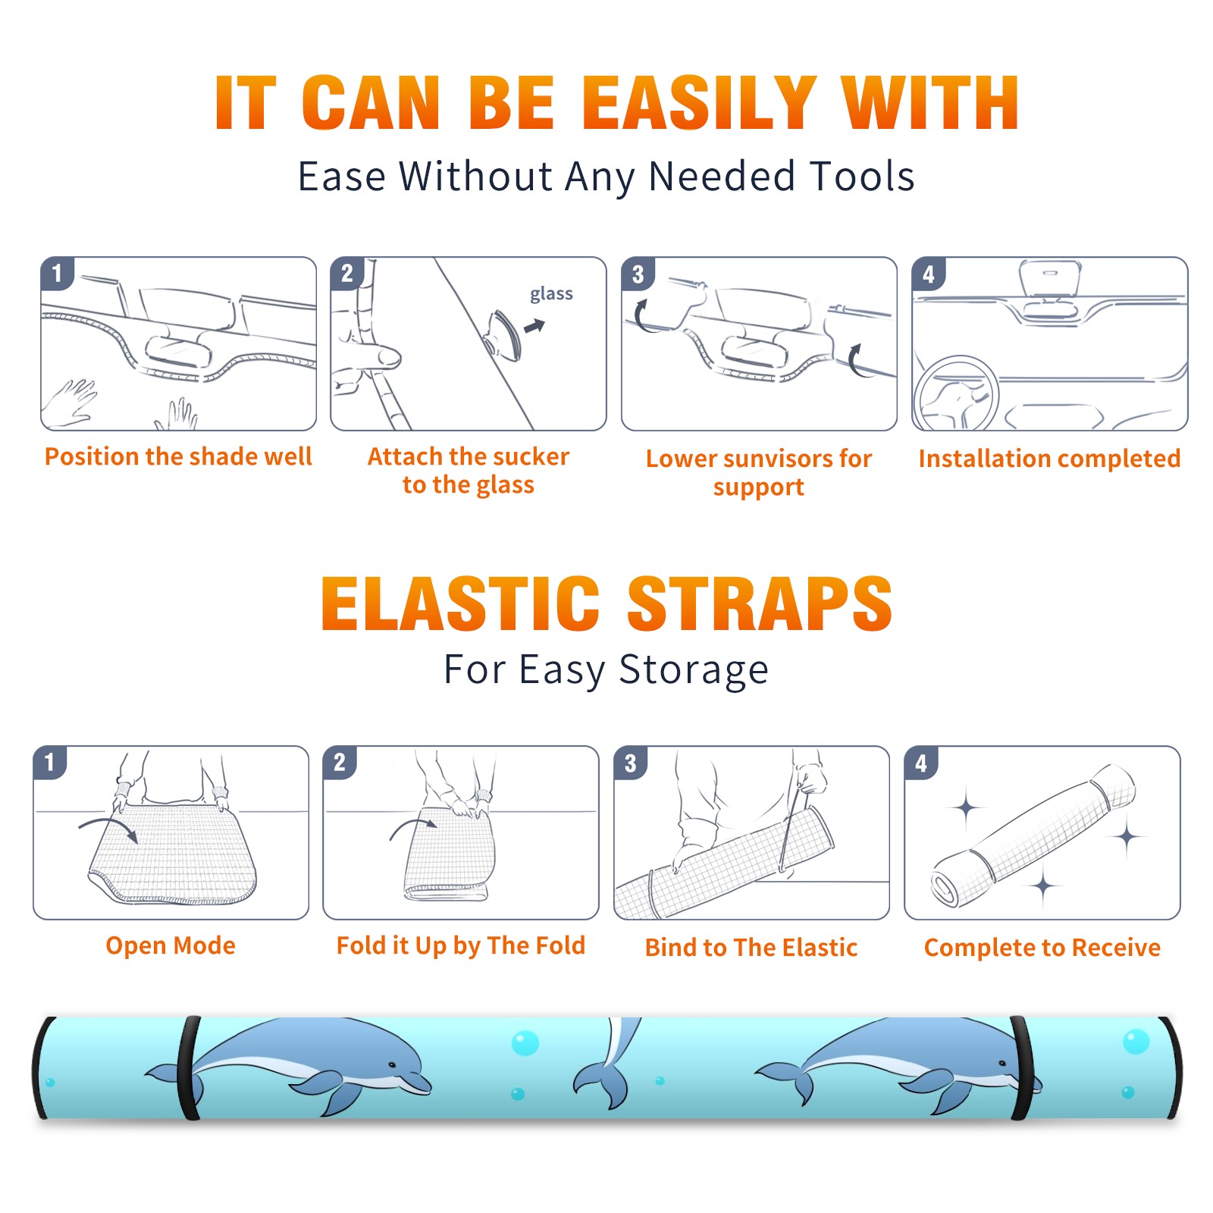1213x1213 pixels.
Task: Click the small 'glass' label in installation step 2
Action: [551, 294]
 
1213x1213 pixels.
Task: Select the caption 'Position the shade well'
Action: [178, 456]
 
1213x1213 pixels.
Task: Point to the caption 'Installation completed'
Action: [1049, 459]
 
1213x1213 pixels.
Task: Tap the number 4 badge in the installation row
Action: [929, 274]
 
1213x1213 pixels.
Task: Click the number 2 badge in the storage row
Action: [340, 762]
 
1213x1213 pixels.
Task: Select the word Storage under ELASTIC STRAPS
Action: [694, 670]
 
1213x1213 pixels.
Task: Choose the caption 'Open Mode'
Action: [171, 945]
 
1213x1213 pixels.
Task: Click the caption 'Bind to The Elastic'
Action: [751, 948]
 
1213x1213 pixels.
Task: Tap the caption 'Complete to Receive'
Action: [1042, 948]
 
